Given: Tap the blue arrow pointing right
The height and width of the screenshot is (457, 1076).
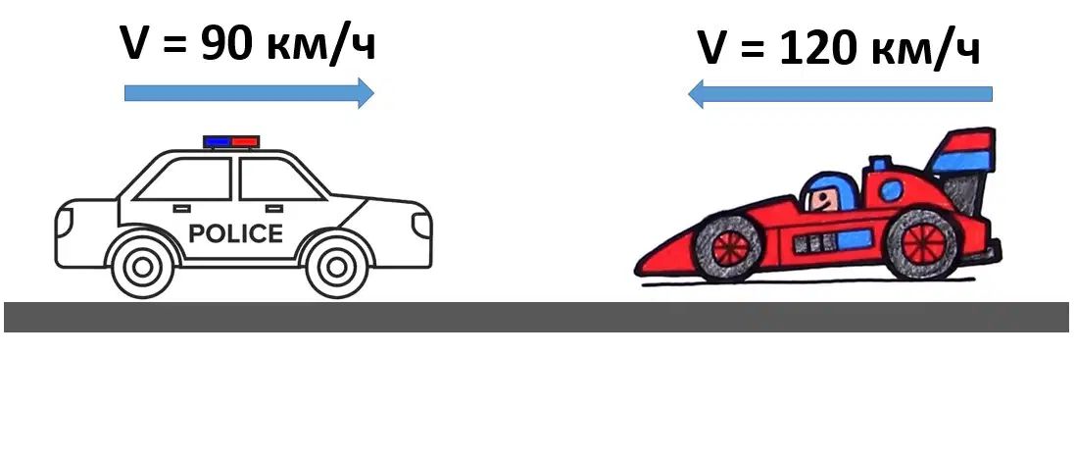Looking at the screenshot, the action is [x=249, y=93].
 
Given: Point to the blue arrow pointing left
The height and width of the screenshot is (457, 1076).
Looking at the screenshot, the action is [x=840, y=94].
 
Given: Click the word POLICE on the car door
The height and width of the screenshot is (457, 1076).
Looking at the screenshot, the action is [x=235, y=233].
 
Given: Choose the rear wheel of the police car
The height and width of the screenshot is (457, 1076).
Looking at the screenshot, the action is [x=143, y=267].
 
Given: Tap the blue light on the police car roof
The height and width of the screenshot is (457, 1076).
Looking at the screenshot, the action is [x=218, y=142].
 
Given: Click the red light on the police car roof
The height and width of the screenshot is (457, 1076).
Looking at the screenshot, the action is [x=244, y=142].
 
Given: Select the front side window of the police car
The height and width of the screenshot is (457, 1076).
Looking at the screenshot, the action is [x=277, y=179].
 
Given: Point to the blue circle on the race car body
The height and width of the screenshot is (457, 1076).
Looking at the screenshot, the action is [x=890, y=189].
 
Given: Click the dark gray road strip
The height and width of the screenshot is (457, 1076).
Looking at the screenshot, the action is [x=537, y=317].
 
